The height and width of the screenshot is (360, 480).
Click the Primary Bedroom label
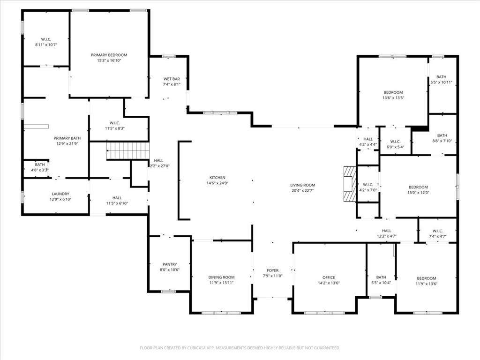[x=109, y=55]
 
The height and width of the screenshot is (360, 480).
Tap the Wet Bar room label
[x=172, y=79]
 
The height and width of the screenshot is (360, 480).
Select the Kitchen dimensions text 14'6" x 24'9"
[x=217, y=183]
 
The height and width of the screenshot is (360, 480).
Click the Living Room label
[x=302, y=185]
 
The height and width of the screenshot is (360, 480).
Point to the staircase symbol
[x=128, y=150]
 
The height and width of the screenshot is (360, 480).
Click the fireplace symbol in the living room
[x=349, y=183]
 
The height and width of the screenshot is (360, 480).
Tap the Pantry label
[x=169, y=264]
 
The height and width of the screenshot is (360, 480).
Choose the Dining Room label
[x=221, y=277]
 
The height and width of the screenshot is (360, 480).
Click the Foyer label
[x=272, y=270]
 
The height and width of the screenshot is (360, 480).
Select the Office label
[x=329, y=277]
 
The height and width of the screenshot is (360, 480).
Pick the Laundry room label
[x=60, y=194]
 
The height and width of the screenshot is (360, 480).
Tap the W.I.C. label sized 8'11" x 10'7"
[x=45, y=39]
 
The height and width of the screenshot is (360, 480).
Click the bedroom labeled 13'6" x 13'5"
[x=393, y=92]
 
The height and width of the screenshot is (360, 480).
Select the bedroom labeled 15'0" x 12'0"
[x=418, y=187]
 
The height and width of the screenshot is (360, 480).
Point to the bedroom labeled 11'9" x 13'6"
[x=427, y=278]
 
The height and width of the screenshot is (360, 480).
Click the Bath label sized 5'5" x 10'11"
[x=442, y=77]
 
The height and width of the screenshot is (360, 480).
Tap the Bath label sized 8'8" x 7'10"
[x=442, y=135]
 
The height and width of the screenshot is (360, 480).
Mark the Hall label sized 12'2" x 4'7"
[x=386, y=231]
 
